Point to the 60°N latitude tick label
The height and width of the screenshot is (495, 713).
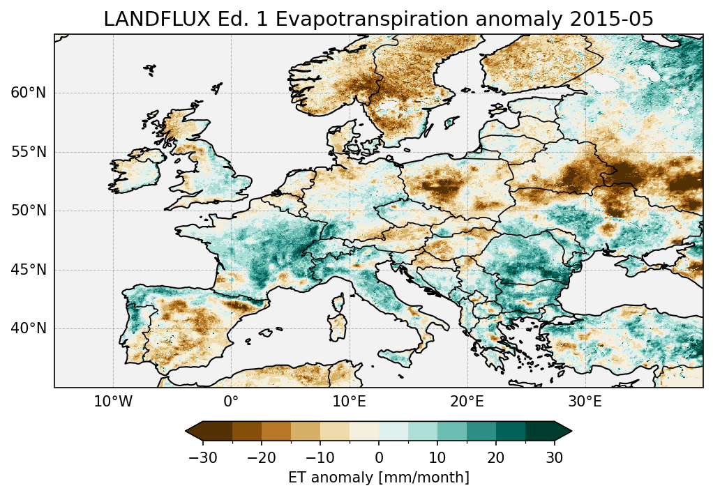pyautogui.click(x=28, y=93)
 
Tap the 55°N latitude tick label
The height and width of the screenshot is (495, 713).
pyautogui.click(x=28, y=152)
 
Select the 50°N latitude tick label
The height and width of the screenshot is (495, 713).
pyautogui.click(x=28, y=211)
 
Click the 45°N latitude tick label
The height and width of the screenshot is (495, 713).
pyautogui.click(x=28, y=270)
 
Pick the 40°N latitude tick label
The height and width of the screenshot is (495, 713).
pyautogui.click(x=28, y=328)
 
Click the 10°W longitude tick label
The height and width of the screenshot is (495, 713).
pyautogui.click(x=113, y=402)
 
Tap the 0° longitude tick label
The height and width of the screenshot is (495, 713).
pyautogui.click(x=231, y=402)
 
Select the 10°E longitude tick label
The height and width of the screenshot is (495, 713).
pyautogui.click(x=349, y=402)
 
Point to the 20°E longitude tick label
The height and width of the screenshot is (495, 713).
pyautogui.click(x=467, y=402)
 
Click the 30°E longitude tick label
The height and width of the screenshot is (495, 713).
pyautogui.click(x=585, y=402)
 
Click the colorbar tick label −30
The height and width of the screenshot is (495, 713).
pyautogui.click(x=203, y=457)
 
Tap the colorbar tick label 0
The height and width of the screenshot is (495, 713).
pyautogui.click(x=379, y=457)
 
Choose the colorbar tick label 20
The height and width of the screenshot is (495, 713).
pyautogui.click(x=496, y=457)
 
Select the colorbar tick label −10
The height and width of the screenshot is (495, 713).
pyautogui.click(x=320, y=457)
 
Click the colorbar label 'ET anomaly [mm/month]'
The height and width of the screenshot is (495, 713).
pyautogui.click(x=379, y=478)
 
